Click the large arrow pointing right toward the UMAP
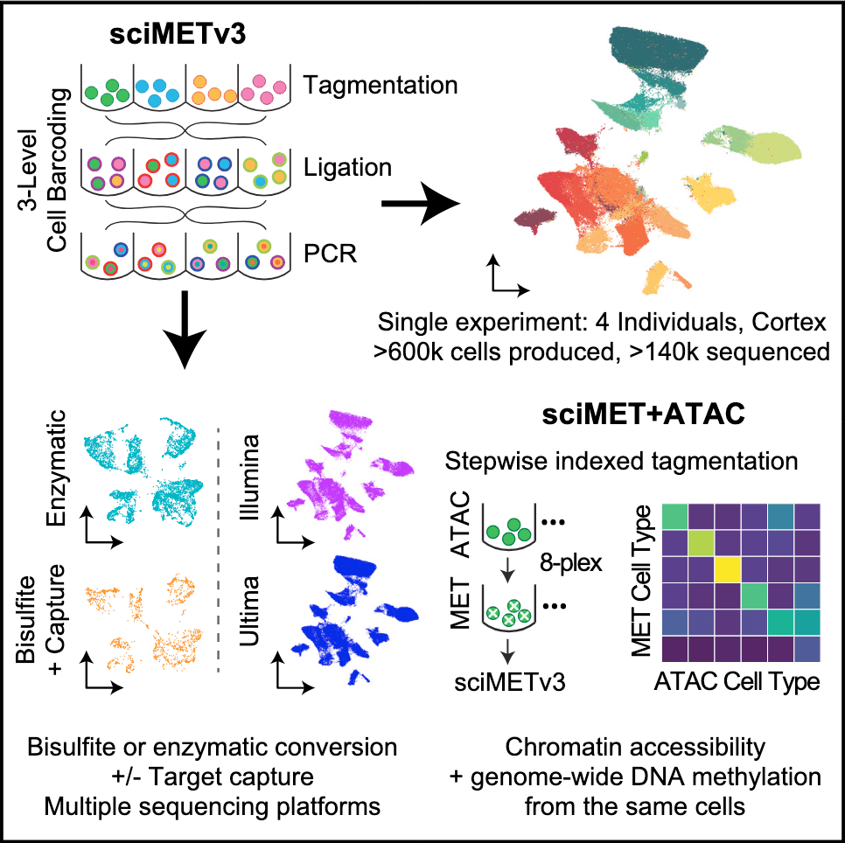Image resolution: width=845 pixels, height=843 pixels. click(422, 206)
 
